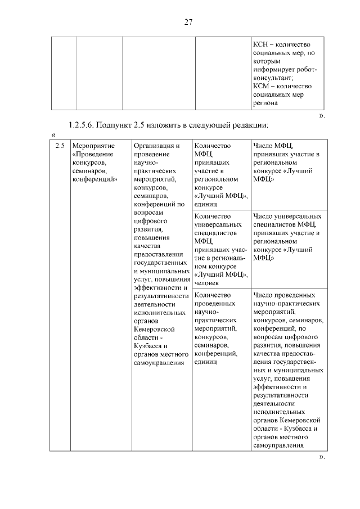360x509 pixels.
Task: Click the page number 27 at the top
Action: pos(188,22)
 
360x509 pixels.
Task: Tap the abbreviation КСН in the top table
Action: pos(262,44)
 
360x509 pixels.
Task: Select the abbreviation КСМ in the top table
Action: pos(262,86)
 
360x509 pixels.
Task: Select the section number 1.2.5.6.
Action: pos(84,124)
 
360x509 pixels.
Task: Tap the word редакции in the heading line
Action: pos(242,124)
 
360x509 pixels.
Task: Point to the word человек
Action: pos(208,283)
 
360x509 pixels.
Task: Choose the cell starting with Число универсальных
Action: pos(287,237)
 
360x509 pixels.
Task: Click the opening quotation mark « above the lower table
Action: pos(53,134)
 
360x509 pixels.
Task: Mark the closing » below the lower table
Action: pos(322,457)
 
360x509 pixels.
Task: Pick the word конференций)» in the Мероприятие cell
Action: pos(94,179)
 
